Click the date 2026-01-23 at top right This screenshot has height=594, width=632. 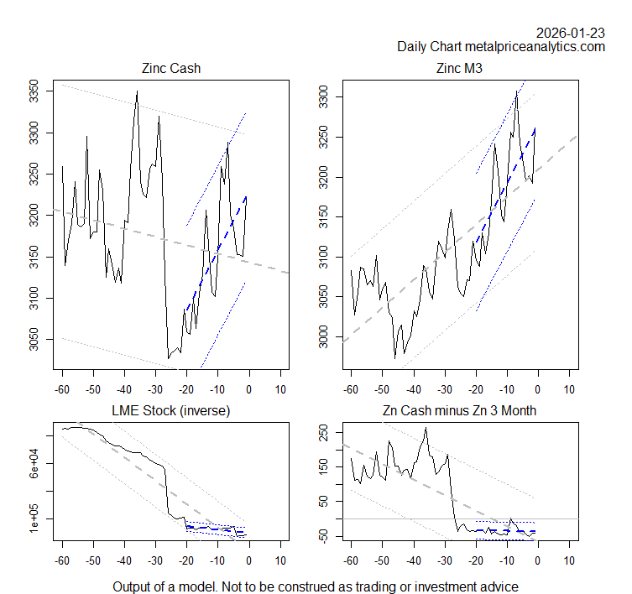[571, 33]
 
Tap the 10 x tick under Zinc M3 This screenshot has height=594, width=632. [570, 391]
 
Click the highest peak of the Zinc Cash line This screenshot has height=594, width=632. [137, 91]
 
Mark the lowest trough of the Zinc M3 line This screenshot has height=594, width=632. [395, 358]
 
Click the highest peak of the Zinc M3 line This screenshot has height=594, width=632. [517, 91]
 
